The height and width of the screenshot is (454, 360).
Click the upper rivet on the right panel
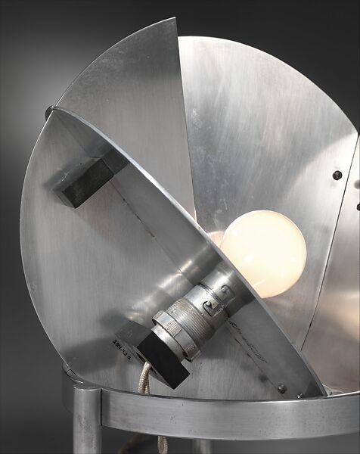click(x=337, y=175)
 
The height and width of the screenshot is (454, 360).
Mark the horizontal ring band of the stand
click(x=227, y=416)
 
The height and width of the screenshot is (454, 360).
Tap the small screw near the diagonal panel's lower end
click(x=281, y=388)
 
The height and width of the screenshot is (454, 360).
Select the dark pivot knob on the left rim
click(x=50, y=112)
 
